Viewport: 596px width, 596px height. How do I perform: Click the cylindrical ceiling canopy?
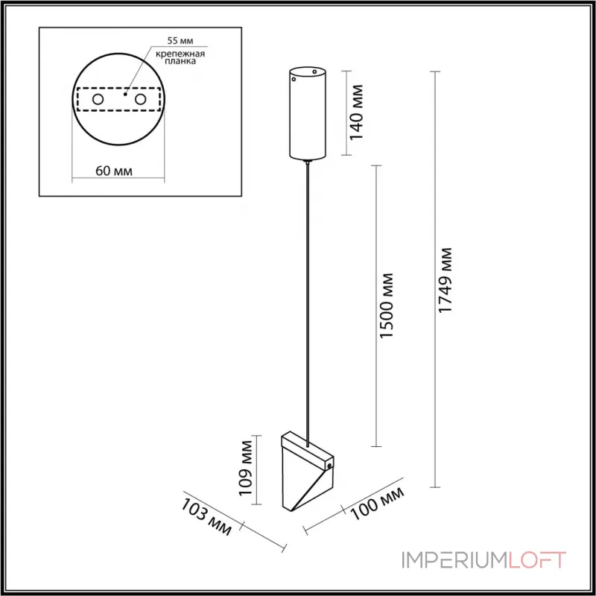pyautogui.click(x=308, y=114)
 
